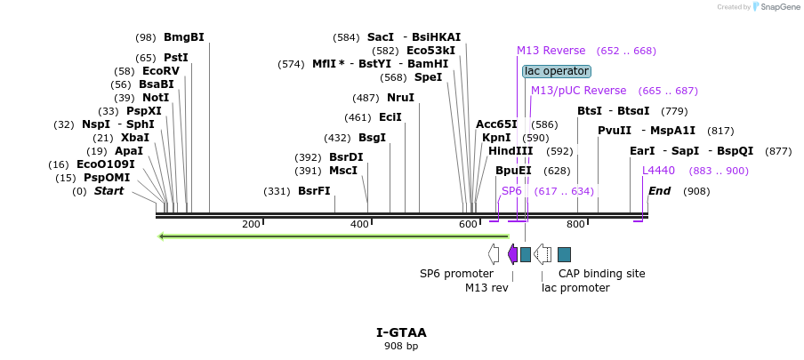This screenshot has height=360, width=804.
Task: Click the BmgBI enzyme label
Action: click(183, 37)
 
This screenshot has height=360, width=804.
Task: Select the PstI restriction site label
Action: click(175, 58)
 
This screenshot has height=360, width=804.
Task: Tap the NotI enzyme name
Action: click(155, 98)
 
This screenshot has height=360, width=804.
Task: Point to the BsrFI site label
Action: click(314, 191)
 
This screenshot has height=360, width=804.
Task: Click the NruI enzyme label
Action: click(400, 98)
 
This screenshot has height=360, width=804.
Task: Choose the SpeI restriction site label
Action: click(428, 77)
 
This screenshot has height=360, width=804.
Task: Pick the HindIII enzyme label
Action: click(511, 151)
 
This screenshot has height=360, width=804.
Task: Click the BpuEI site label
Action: click(513, 171)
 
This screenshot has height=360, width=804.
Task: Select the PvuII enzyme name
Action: click(614, 131)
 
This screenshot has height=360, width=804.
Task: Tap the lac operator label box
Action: click(557, 71)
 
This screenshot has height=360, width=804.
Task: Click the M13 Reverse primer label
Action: click(551, 51)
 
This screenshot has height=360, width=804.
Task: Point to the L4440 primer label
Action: click(659, 171)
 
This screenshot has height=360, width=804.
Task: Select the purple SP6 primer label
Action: click(511, 191)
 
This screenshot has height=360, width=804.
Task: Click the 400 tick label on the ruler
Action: click(359, 224)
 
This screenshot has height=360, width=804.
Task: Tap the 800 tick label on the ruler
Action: click(575, 224)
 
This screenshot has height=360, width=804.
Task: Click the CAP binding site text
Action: click(601, 274)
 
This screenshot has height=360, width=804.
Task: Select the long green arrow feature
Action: click(334, 236)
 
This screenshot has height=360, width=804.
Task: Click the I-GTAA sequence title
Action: click(401, 332)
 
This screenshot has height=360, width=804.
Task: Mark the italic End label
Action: click(659, 191)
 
